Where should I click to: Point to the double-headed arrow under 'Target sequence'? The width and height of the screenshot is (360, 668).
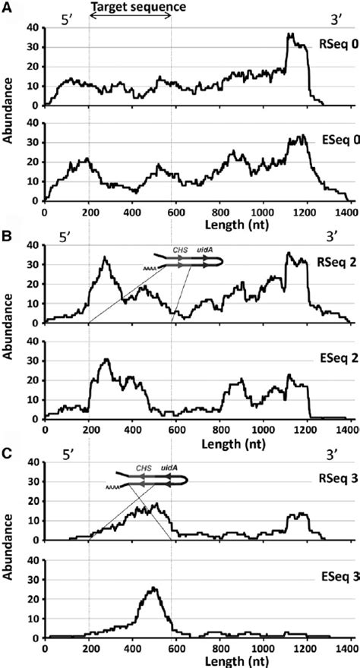click(x=130, y=18)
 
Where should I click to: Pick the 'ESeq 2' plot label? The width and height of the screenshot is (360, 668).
click(x=336, y=362)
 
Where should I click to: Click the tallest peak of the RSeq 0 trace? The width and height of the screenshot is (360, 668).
click(x=289, y=34)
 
